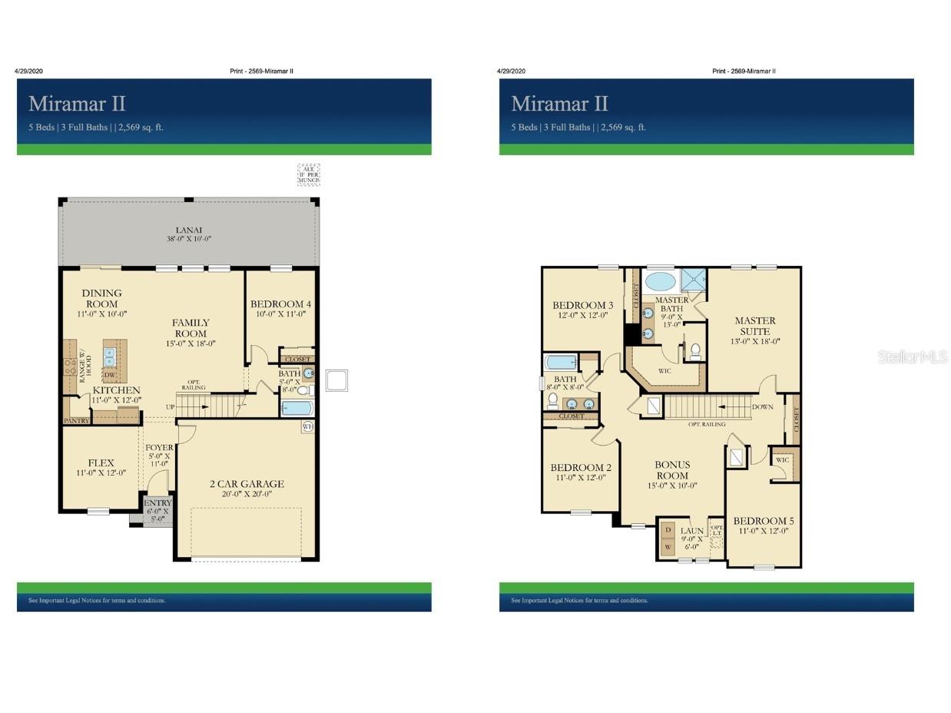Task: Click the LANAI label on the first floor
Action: (x=188, y=230)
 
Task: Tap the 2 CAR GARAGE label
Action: (x=247, y=484)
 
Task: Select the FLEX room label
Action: (x=101, y=463)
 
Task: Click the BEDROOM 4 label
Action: (x=280, y=304)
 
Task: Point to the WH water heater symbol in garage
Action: (x=308, y=426)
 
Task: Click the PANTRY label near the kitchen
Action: (x=76, y=421)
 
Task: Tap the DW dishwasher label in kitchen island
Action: (x=110, y=375)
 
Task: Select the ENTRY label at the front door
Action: (x=157, y=503)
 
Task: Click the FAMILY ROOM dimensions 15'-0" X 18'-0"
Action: (x=191, y=343)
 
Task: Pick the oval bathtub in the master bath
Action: (x=660, y=280)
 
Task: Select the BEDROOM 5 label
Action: (x=763, y=521)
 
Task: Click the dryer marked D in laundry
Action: (x=668, y=530)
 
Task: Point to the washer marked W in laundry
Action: (x=668, y=548)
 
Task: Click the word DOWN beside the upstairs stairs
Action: (x=763, y=407)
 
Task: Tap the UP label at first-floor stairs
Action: (x=170, y=406)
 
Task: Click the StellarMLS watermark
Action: (x=913, y=356)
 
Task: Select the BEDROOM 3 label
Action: (x=582, y=305)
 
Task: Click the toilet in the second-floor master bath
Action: (x=695, y=351)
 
